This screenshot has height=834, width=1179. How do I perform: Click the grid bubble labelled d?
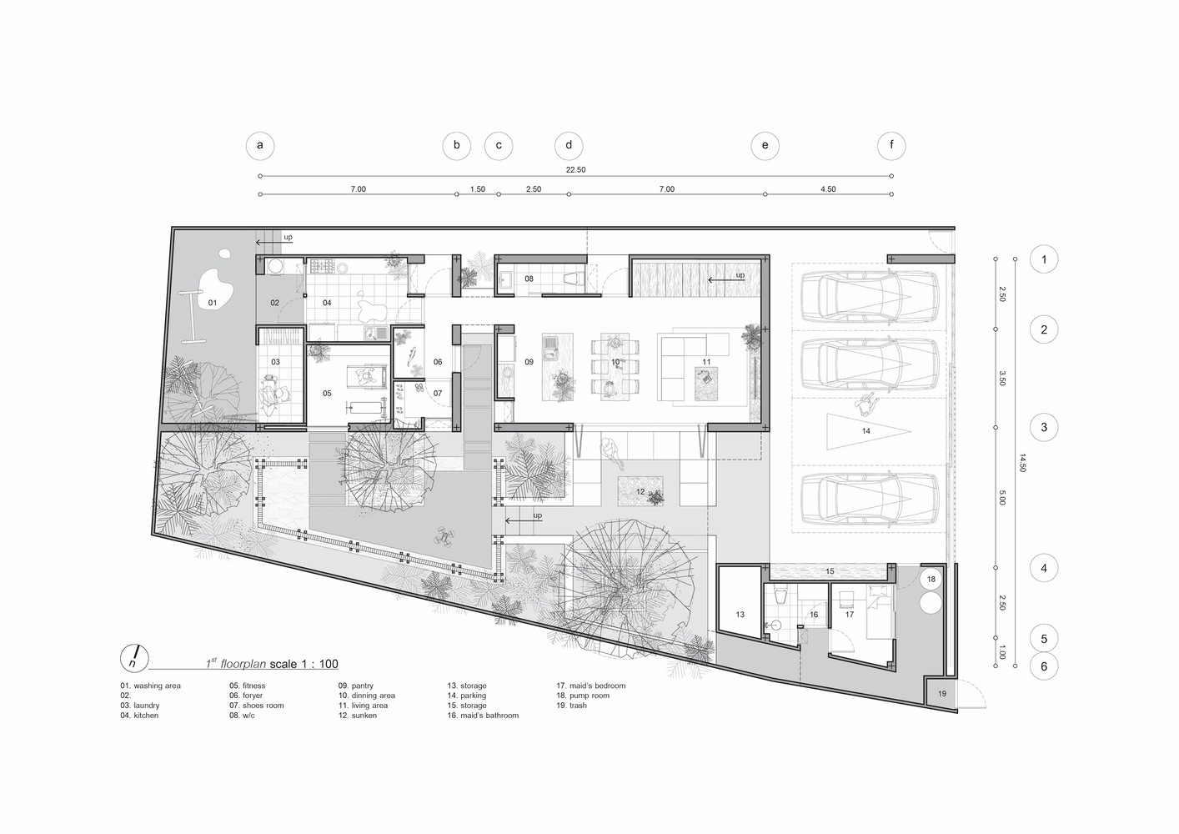coord(569,145)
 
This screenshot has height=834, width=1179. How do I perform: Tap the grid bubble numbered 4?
coord(1044,568)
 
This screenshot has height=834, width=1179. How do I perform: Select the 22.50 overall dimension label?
coord(575,169)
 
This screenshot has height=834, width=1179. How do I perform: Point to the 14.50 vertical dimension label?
coord(1022,462)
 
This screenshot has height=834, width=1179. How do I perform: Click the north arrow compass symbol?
coord(134,658)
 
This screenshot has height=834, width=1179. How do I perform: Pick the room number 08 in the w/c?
coord(529,279)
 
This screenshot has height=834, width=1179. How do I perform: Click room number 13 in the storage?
coord(740,614)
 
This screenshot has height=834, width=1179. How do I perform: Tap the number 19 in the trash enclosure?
coord(942,693)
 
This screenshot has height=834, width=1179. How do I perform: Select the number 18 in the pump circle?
coord(931,579)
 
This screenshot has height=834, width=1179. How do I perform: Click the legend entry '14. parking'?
coord(466,696)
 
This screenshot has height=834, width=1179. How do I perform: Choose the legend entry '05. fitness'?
coord(247,686)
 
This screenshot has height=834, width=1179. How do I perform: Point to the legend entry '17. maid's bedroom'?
coord(590,686)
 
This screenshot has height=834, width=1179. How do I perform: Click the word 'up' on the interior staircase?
coord(740,275)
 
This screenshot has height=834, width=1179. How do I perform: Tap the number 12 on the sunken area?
coord(640,491)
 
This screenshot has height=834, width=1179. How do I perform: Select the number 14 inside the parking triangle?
coord(865,430)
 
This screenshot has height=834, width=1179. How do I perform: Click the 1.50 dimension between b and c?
coord(478,189)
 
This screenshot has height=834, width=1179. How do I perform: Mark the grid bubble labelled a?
coord(260,145)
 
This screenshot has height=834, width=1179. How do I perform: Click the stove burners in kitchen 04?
coord(322,266)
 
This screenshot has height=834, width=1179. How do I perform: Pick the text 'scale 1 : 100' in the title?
coord(304,663)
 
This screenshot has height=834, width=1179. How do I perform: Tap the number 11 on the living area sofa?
coord(706,362)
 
